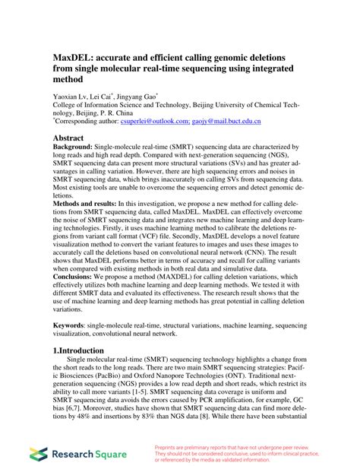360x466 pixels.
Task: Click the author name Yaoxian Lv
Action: [70, 97]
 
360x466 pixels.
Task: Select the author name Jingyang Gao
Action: [137, 97]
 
